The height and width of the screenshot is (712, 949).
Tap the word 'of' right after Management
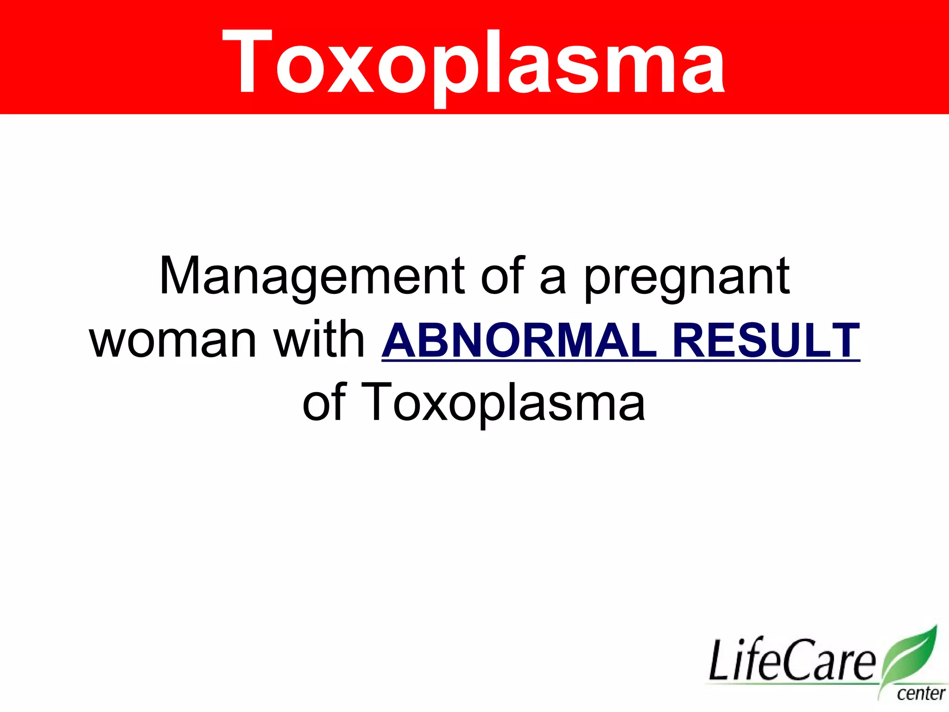coord(502,276)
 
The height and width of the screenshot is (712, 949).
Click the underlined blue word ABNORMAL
coord(519,341)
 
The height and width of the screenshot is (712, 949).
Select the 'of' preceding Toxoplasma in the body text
coord(324,402)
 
